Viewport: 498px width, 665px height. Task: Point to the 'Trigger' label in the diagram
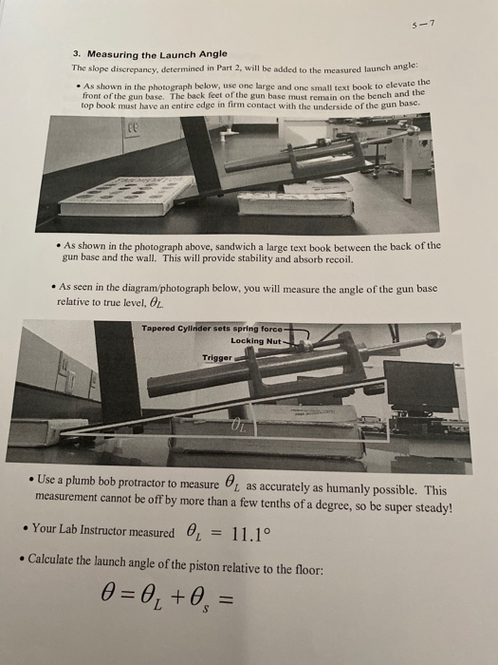pos(216,358)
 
